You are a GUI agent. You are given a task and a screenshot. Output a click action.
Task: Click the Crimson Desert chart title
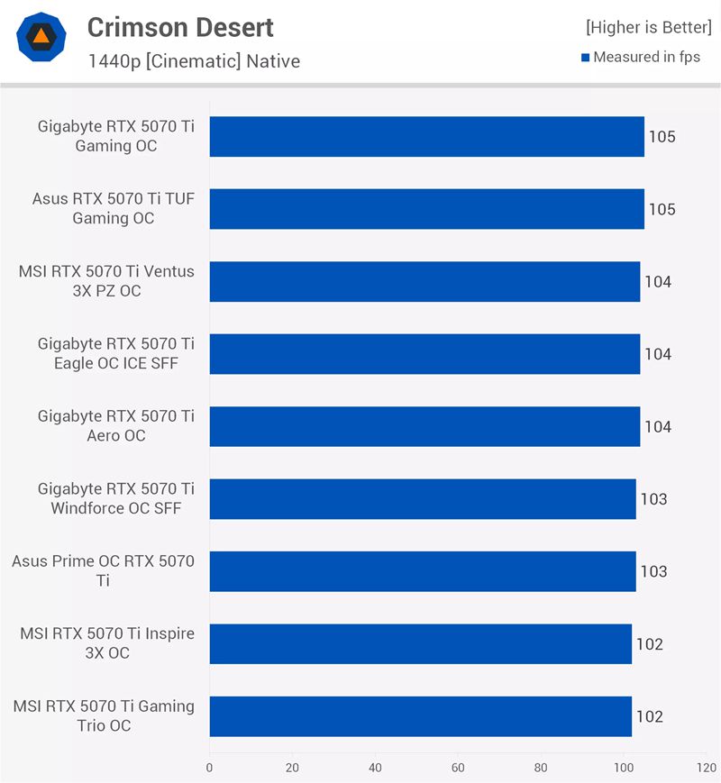click(x=180, y=28)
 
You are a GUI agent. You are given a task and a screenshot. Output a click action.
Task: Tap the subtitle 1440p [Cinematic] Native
click(x=194, y=61)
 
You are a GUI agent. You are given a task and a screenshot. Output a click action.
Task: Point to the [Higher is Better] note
click(x=648, y=27)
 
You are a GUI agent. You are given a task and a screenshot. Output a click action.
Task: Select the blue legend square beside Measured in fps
click(x=586, y=58)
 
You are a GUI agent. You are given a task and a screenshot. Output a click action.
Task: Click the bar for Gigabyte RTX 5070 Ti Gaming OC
click(x=426, y=137)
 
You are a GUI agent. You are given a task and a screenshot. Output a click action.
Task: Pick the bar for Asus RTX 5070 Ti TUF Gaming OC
click(x=426, y=209)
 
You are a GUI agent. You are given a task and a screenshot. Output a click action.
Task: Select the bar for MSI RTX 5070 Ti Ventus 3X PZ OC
click(x=424, y=282)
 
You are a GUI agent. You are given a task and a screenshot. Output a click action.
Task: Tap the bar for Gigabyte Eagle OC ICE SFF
click(x=424, y=354)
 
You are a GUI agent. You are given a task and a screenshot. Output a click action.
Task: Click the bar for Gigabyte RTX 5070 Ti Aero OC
click(x=424, y=427)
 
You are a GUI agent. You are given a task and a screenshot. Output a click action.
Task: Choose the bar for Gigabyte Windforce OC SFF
click(x=423, y=499)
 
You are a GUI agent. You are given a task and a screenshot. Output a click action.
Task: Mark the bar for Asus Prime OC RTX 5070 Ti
click(x=423, y=571)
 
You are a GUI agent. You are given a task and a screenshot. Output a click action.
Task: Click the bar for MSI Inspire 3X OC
click(x=420, y=644)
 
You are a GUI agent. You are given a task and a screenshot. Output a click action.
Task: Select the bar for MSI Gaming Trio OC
click(x=420, y=716)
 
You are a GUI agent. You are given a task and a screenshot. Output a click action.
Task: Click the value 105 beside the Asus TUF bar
click(x=662, y=210)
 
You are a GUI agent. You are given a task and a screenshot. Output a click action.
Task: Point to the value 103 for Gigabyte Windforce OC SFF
click(x=653, y=499)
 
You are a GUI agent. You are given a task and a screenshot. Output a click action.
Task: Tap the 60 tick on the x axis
click(x=458, y=769)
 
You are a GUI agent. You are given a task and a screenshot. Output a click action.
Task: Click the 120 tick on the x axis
click(x=706, y=769)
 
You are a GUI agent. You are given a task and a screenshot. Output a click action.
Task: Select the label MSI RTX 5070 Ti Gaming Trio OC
click(x=104, y=716)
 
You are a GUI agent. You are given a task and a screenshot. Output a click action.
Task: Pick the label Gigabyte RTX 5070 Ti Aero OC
click(x=115, y=426)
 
